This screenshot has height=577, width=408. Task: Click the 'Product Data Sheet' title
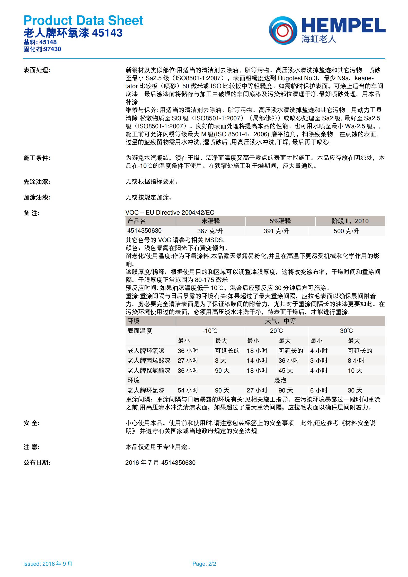[x=83, y=21]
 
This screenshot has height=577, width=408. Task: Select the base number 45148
[x=48, y=42]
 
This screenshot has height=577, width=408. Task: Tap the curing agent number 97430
[x=52, y=49]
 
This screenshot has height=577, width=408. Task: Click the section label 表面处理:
[x=37, y=70]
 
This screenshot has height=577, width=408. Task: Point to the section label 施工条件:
[x=37, y=158]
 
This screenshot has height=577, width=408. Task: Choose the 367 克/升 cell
[x=210, y=231]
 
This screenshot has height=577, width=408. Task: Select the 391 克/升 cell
[x=276, y=231]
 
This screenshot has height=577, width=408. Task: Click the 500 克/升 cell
[x=346, y=231]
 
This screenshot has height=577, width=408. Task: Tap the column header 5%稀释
[x=280, y=221]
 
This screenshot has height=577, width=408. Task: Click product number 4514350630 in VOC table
[x=144, y=231]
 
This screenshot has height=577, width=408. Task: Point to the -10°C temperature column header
[x=210, y=331]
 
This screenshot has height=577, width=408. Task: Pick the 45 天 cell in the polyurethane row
[x=286, y=371]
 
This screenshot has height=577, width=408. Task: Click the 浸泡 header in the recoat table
[x=280, y=380]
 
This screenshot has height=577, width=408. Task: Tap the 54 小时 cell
[x=188, y=390]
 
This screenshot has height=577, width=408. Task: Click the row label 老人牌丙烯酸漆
[x=149, y=361]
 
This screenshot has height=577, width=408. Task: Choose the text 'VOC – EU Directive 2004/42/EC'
[x=170, y=213]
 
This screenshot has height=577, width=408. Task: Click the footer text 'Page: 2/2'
[x=204, y=564]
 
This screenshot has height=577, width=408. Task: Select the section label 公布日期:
[x=37, y=463]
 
